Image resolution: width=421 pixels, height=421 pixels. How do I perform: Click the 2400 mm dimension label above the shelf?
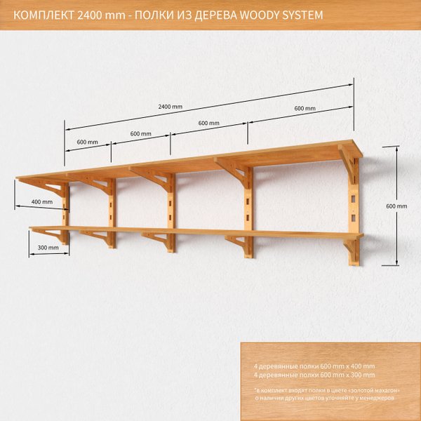coord(171,107)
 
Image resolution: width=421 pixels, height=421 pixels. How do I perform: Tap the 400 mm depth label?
coord(41,202)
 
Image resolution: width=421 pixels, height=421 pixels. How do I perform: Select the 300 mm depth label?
coord(48,248)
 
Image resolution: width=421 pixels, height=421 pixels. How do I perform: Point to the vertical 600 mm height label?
coord(396,206)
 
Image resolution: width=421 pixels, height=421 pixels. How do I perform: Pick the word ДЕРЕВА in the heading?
coord(221,15)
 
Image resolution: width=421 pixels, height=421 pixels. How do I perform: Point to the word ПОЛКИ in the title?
coord(153,15)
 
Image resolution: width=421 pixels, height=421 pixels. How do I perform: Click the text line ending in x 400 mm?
coord(314,366)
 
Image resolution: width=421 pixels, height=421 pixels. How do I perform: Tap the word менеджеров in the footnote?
coord(377,398)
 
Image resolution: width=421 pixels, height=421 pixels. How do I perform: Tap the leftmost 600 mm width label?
coord(88,142)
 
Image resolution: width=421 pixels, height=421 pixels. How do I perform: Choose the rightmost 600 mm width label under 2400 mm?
coord(305,109)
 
